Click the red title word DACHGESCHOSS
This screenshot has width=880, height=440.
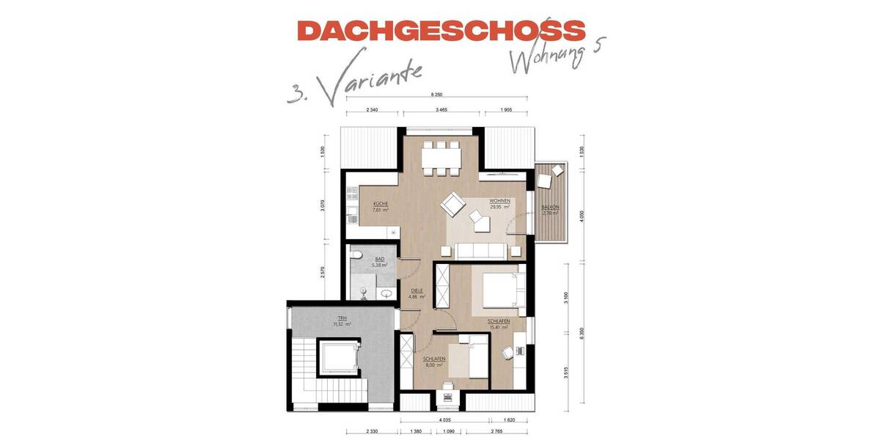[x=441, y=31]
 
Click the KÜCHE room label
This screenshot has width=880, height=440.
[x=380, y=204]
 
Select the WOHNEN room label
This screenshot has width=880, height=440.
[x=499, y=201]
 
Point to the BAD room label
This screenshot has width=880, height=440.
[x=379, y=260]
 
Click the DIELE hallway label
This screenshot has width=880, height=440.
[x=417, y=291]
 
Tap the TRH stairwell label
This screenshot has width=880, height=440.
[x=342, y=318]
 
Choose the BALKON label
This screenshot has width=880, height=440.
[x=550, y=208]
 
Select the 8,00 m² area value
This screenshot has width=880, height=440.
[x=435, y=364]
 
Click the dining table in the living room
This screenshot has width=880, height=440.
[x=441, y=158]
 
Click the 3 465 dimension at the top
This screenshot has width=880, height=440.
[x=441, y=109]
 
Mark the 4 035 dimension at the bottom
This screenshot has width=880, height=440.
[x=444, y=420]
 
